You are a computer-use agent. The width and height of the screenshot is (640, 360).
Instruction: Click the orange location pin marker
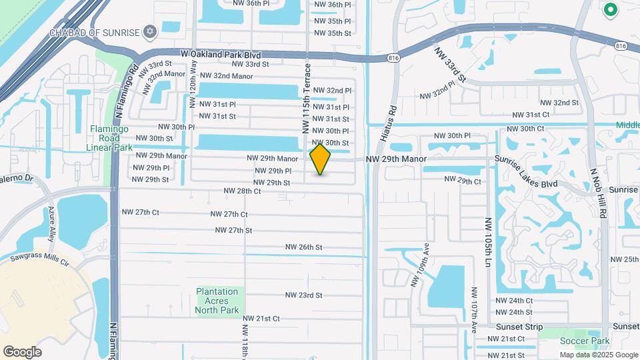coord(320,159)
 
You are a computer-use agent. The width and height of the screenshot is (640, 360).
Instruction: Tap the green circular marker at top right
coord(609,10)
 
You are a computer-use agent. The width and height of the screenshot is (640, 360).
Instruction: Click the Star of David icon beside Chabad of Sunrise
coord(150,32)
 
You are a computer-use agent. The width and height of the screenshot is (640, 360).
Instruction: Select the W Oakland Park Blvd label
coord(220,54)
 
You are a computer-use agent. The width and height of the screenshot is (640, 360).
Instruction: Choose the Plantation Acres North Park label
coord(217,301)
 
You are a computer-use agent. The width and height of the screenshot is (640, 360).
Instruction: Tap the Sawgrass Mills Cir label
coord(39,259)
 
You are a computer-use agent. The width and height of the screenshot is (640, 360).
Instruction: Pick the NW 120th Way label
coord(193,87)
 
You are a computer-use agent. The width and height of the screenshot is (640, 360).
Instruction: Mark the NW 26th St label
coord(303,247)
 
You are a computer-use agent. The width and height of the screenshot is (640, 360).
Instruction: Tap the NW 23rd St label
coord(303,295)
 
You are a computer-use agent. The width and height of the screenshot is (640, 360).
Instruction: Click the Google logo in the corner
coord(22,351)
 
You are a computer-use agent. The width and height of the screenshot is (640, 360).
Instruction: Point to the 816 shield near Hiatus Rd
coord(391,59)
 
